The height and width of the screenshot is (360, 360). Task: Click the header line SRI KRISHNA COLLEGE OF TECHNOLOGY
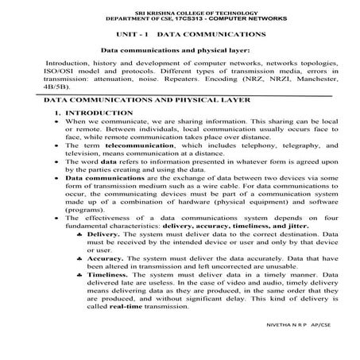tap(180, 14)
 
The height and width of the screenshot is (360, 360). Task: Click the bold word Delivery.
tap(103, 234)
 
